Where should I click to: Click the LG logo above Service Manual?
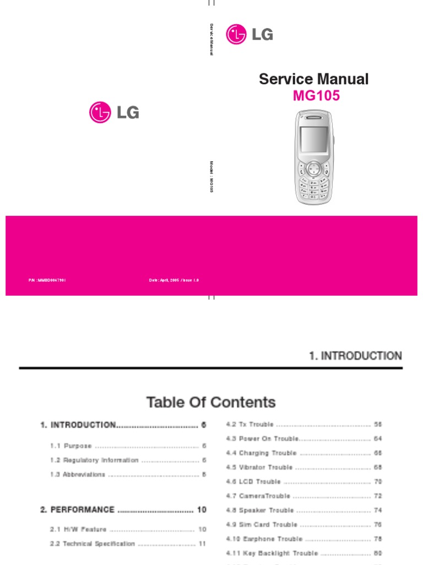[250, 35]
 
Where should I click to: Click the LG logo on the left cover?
[114, 113]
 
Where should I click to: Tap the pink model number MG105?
[316, 96]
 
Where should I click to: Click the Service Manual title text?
[313, 79]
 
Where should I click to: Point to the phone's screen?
[313, 139]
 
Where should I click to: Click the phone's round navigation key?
[313, 167]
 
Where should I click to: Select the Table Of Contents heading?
[211, 402]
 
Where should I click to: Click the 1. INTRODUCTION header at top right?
[355, 356]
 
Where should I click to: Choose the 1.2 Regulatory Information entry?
[100, 460]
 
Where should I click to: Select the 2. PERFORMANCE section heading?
[78, 510]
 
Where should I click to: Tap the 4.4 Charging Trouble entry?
[261, 453]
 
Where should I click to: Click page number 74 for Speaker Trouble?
[378, 510]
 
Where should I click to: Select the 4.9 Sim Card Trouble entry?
[262, 525]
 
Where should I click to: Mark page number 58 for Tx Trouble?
[378, 424]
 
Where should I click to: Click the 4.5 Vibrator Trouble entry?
[259, 467]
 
